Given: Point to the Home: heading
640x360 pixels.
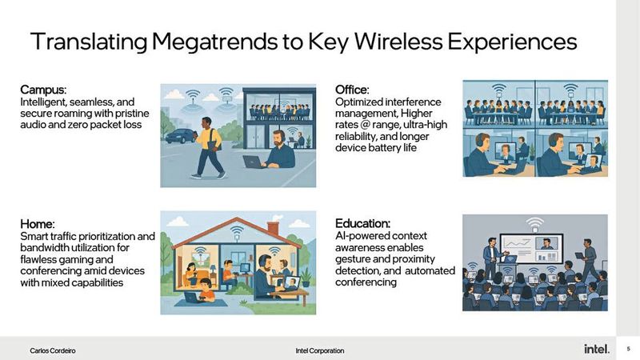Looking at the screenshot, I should [x=38, y=225].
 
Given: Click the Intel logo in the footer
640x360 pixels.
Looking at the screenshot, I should [x=596, y=350].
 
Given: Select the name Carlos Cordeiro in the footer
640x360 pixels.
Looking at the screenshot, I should [x=53, y=350].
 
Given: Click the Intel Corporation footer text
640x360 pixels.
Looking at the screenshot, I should [x=319, y=350].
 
